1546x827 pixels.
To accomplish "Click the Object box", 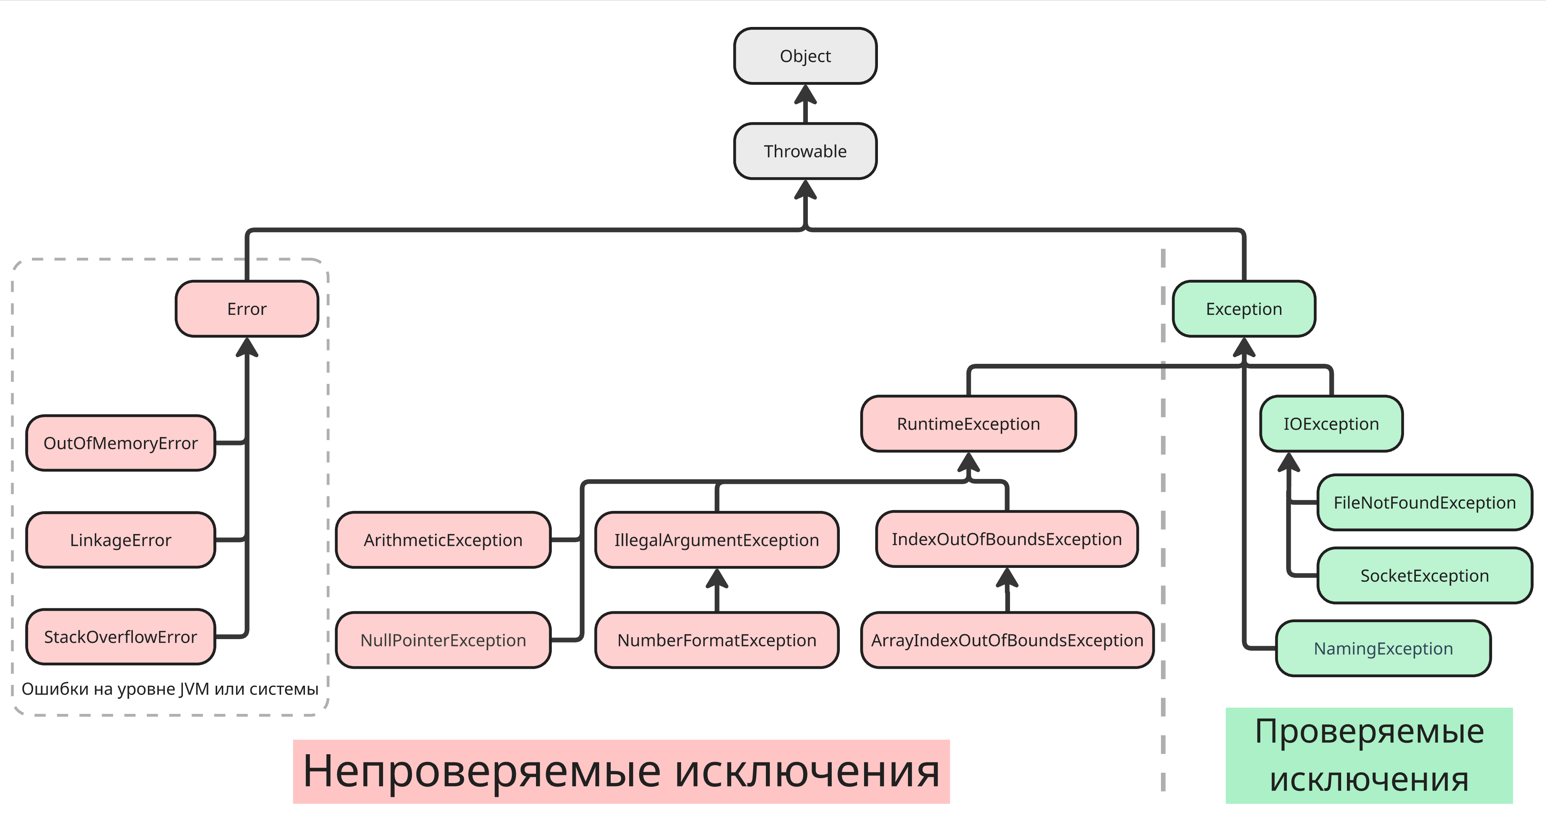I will (x=805, y=56).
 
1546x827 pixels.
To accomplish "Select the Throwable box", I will (x=805, y=151).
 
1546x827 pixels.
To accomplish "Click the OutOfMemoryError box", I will (x=121, y=443).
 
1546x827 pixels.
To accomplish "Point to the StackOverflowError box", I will (x=121, y=637).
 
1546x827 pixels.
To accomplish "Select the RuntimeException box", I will (x=968, y=424).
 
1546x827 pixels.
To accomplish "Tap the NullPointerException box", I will (x=443, y=640).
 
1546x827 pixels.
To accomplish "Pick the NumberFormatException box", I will (x=717, y=640).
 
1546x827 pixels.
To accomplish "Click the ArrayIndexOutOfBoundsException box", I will (x=1007, y=640).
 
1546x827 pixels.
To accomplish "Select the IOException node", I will (x=1330, y=424).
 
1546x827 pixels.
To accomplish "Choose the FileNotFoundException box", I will (x=1424, y=503).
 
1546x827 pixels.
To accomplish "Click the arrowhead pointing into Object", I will (x=805, y=95).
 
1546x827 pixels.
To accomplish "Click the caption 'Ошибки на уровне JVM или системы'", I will (x=170, y=689).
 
